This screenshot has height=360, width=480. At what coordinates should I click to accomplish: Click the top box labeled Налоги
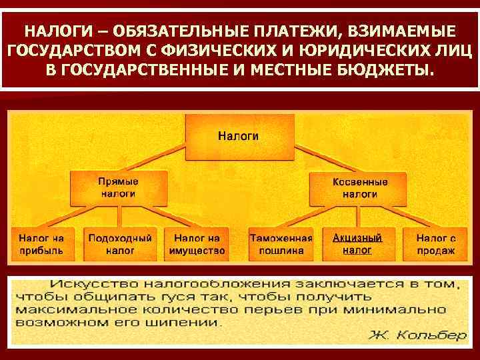coord(239,137)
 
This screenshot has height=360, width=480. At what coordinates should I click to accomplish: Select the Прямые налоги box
coord(118,187)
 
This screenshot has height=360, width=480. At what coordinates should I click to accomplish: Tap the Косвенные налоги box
coord(360,187)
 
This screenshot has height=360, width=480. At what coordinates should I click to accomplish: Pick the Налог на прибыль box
coord(41,244)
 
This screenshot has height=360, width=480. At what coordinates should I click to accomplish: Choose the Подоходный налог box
coord(119,244)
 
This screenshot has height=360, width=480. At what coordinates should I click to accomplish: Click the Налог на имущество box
coord(198,244)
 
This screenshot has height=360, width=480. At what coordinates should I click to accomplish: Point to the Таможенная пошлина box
coord(281,244)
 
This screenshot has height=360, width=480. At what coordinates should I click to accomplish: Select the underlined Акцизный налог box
coord(357,244)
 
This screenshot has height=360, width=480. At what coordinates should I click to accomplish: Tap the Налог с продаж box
coord(436,244)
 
